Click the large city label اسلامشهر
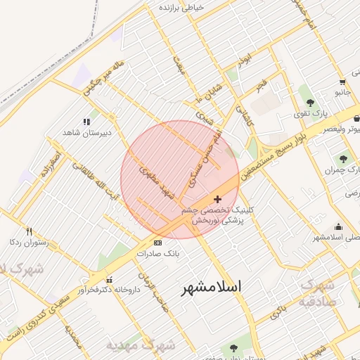tap(211, 287)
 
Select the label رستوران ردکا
tap(28, 242)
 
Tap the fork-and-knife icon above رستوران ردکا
tap(29, 231)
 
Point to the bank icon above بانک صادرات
tap(157, 243)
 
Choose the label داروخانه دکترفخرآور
tap(103, 290)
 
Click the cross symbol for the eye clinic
tap(217, 199)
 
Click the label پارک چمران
tap(342, 170)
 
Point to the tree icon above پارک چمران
tap(343, 159)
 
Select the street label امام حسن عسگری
tap(204, 156)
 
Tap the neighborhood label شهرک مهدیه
tap(141, 345)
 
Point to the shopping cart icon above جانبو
tap(342, 81)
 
